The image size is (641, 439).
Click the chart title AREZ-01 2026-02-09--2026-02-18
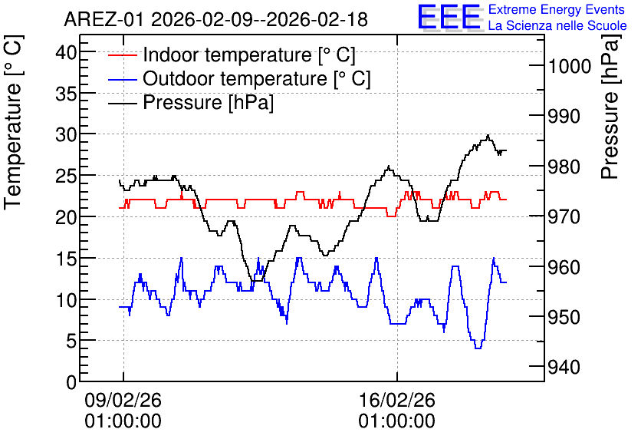pos(216,19)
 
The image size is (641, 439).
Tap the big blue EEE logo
pos(449,17)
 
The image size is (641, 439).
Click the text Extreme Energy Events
pos(557,9)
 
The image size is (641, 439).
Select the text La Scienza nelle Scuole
pos(557,25)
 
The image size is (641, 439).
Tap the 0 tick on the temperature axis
pos(71,382)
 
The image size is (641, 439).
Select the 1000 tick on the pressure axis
pos(570,66)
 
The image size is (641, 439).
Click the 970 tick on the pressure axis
pos(564,217)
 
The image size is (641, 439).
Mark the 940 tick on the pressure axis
pos(564,368)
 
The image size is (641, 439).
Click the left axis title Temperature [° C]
pos(13,123)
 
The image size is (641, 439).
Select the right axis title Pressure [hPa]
pos(610,107)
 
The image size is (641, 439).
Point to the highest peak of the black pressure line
pos(488,135)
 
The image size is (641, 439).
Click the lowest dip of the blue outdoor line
pos(478,348)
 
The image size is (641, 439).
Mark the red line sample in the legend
pos(122,55)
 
